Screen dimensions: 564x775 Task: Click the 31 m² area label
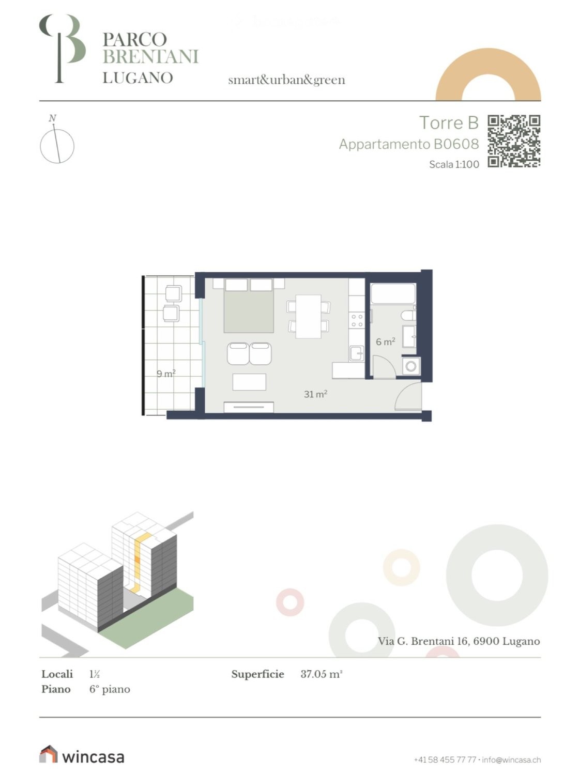coord(315,394)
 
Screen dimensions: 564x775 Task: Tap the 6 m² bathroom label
coord(385,342)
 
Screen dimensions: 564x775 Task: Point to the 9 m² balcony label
coord(166,374)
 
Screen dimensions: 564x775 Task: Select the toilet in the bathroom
coord(408,315)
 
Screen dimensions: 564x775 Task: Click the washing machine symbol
coord(411,366)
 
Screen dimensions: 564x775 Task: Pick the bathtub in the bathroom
coord(392,294)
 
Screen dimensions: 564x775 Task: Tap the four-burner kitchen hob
coord(357,320)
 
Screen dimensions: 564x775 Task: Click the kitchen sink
coord(356,353)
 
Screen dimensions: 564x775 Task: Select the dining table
coord(308,316)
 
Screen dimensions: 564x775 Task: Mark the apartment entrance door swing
coord(408,396)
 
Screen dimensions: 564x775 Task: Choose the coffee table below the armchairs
coord(249,382)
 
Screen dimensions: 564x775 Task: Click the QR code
coord(514,141)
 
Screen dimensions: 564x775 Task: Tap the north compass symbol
coord(57,142)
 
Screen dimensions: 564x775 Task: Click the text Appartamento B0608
coord(409,144)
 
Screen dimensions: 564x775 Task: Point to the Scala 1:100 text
coord(454,164)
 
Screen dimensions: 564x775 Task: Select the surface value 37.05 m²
coord(322,674)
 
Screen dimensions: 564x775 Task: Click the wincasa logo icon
coord(48,754)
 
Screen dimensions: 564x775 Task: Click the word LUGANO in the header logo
coord(138,78)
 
